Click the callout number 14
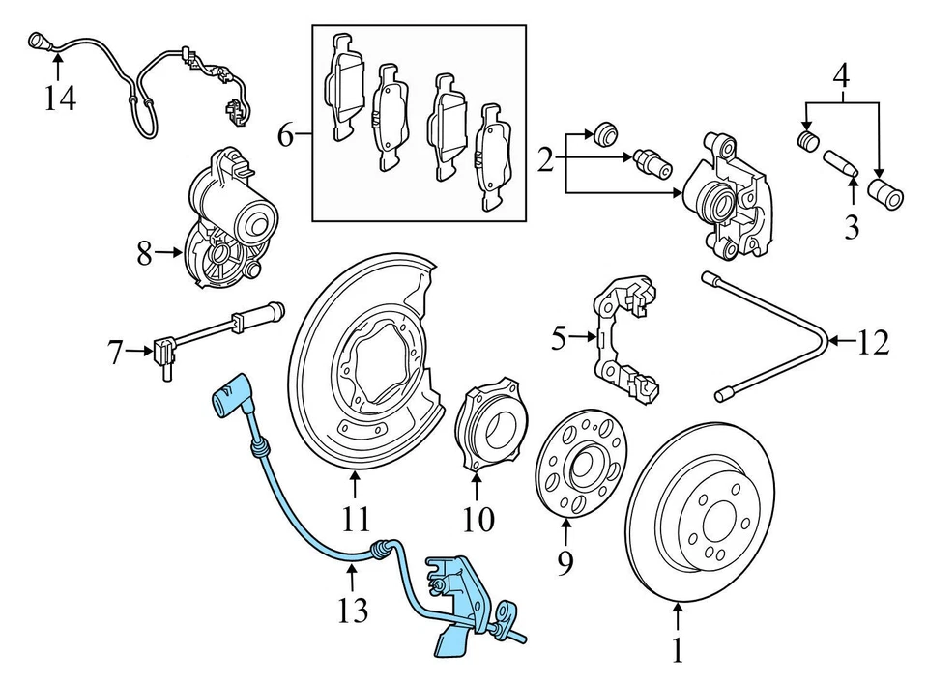(x=59, y=98)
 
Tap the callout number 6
(x=285, y=134)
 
